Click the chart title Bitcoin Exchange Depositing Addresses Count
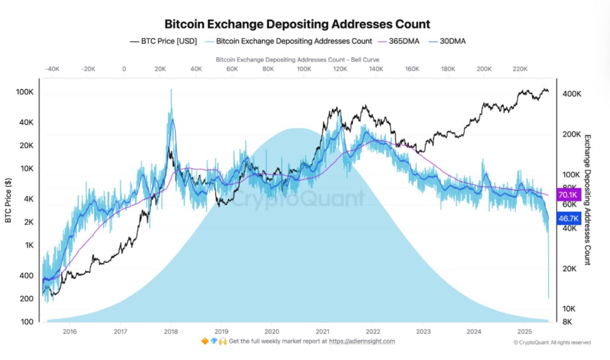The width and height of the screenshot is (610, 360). (x=297, y=24)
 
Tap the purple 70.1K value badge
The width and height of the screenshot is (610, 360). (x=568, y=195)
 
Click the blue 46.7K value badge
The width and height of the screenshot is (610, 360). (x=568, y=218)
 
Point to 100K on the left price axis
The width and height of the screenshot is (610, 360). (x=25, y=92)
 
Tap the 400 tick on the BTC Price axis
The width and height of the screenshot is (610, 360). (x=26, y=275)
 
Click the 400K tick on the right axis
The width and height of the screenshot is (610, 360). (x=572, y=94)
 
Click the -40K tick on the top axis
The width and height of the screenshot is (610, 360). (x=52, y=69)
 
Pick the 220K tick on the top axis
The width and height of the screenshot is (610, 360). (x=520, y=69)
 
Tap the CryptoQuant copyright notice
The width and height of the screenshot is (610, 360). (x=552, y=342)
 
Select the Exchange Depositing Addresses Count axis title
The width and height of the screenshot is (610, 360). (x=587, y=199)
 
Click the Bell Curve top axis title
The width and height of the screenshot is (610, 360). (x=297, y=60)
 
